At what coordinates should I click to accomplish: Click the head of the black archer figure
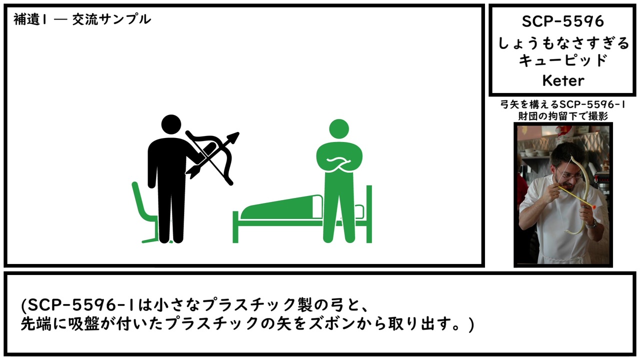tap(171, 124)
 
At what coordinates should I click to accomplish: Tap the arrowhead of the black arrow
tap(233, 137)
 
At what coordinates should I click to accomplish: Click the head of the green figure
tap(339, 129)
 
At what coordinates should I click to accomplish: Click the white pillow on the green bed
tap(317, 207)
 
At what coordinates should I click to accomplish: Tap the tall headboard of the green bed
tap(369, 214)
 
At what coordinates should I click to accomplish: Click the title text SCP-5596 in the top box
tap(563, 21)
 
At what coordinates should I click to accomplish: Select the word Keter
tap(563, 80)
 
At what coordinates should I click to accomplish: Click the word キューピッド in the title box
tap(563, 60)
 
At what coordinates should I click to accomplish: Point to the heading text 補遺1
tap(30, 19)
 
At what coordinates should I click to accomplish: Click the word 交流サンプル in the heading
tap(111, 19)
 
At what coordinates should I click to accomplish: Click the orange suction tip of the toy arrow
tap(592, 206)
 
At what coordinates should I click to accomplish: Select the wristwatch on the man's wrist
tap(592, 223)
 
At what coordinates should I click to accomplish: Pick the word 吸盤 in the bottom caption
tap(83, 324)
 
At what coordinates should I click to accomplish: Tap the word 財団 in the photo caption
tap(528, 116)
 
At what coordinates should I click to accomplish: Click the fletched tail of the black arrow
tap(192, 172)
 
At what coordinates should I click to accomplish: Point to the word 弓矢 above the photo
tap(509, 105)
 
